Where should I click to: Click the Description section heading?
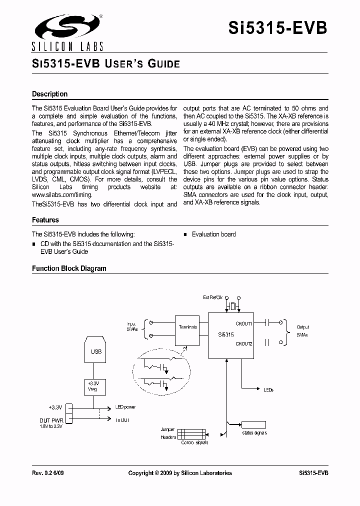tap(49, 94)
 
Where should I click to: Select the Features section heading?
tap(45, 220)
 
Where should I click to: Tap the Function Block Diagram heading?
tap(69, 268)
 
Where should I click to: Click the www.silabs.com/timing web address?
tap(58, 195)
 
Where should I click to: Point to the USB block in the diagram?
tap(96, 351)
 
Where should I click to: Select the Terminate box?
tap(187, 327)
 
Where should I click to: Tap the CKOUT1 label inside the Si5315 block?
tap(243, 323)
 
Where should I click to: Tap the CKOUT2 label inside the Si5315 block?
tap(243, 343)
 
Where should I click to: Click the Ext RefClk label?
tap(212, 297)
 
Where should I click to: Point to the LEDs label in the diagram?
tap(268, 389)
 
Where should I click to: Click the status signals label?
tap(254, 433)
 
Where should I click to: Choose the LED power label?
tap(125, 407)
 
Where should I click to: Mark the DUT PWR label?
tap(51, 420)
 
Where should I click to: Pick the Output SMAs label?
tap(303, 331)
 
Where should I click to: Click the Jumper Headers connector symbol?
tap(191, 433)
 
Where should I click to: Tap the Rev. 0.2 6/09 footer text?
tap(48, 473)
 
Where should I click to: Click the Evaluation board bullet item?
tap(213, 234)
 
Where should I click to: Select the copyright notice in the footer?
tap(180, 473)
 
